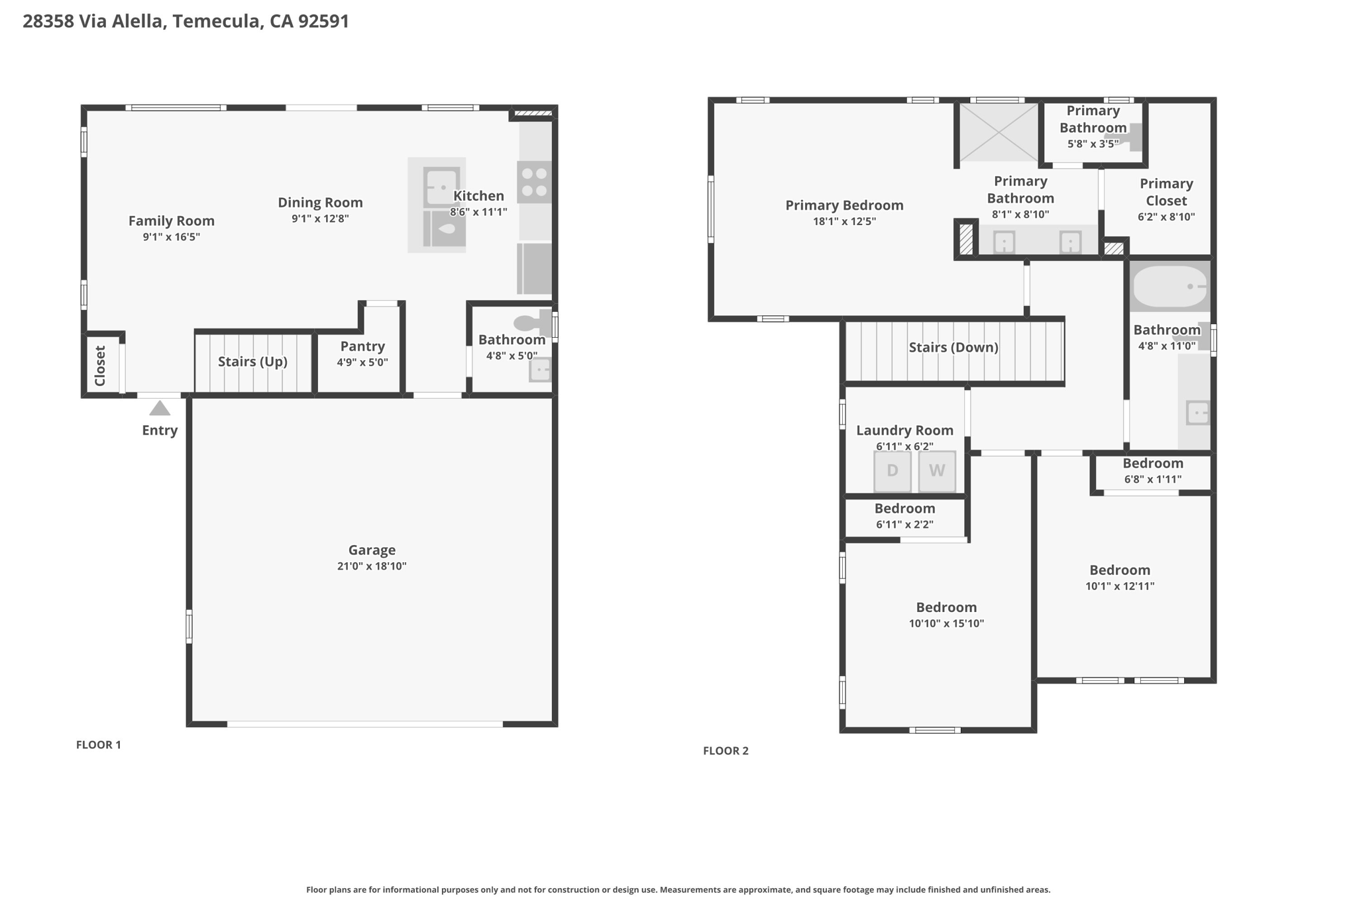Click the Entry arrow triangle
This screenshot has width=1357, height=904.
pos(160,408)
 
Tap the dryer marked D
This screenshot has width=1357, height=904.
pos(892,471)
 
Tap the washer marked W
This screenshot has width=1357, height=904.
pos(937,471)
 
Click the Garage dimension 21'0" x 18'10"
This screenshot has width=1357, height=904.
pos(372,566)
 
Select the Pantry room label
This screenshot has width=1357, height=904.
pos(362,346)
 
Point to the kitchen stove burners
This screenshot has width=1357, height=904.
pos(534,182)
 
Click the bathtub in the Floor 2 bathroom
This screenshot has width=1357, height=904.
pos(1170,287)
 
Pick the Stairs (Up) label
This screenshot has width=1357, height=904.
pos(252,362)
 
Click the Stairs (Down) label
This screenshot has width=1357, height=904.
pos(953,348)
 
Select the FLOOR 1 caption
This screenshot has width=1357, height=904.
pos(99,745)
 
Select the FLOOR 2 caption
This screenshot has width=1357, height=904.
pos(726,751)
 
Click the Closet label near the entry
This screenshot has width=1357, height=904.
pos(100,366)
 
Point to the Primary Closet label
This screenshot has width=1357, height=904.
pos(1166,192)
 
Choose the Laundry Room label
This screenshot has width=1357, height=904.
pos(904,430)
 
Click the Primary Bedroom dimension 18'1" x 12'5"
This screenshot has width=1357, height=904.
pos(844,222)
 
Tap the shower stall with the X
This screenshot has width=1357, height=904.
pos(999,132)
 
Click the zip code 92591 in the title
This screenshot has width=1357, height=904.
pos(323,21)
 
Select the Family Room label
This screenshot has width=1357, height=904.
pos(171,221)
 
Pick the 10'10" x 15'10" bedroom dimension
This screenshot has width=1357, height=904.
pos(946,624)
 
